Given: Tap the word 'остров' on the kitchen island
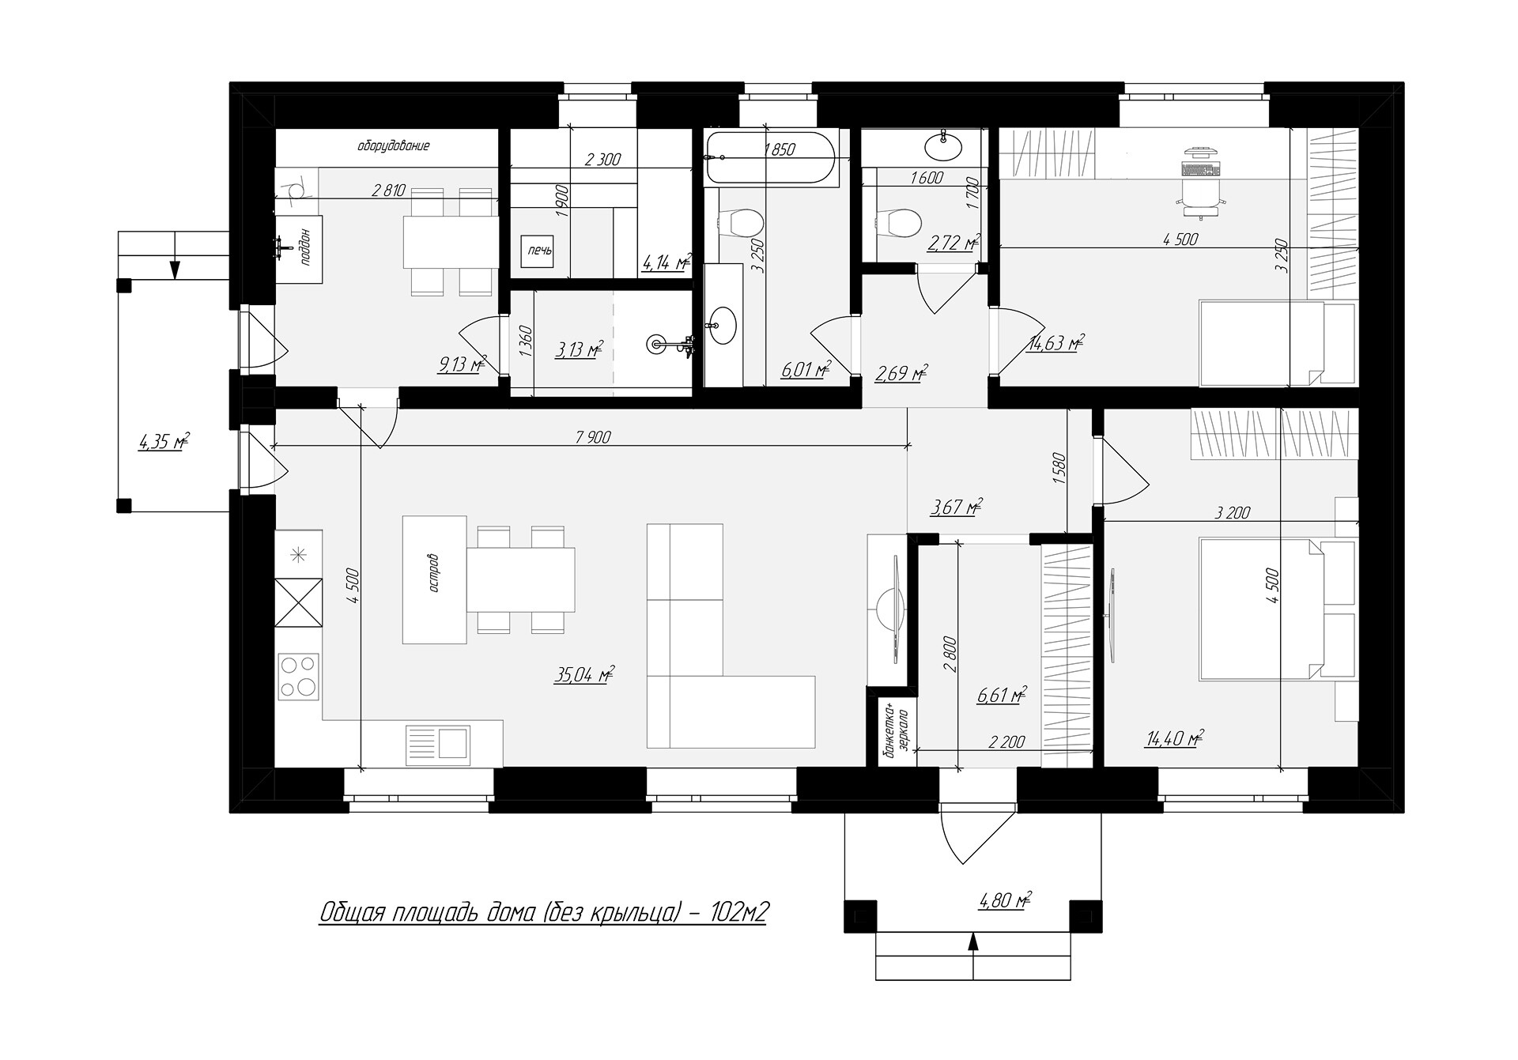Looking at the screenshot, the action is (434, 579).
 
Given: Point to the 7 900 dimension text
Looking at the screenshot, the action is (593, 436).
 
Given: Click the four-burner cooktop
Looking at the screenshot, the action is (298, 676).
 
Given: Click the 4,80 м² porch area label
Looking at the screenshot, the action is (1004, 900).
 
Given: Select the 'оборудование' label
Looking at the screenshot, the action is (393, 146).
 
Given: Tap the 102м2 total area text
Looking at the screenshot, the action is (739, 912).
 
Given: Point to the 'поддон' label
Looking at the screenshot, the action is (308, 244).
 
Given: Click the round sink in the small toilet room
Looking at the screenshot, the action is (943, 146).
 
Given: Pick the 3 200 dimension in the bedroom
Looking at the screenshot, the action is (1233, 512).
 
